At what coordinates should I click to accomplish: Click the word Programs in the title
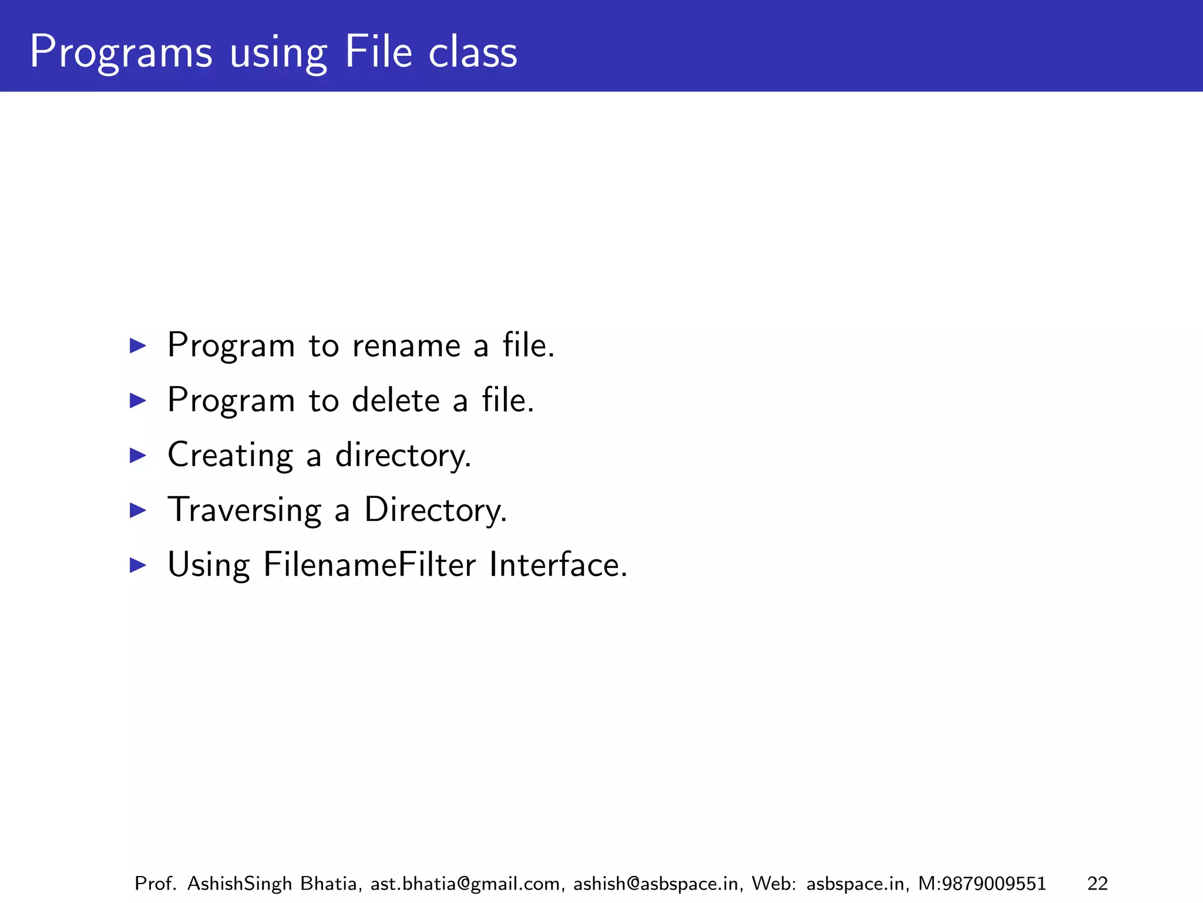click(x=120, y=53)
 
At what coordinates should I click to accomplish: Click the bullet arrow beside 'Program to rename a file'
click(x=137, y=345)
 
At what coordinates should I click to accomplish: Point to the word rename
click(x=406, y=345)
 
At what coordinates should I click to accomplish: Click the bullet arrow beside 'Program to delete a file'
click(x=137, y=400)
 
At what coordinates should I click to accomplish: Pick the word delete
click(x=395, y=400)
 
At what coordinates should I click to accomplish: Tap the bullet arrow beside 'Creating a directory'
click(x=137, y=455)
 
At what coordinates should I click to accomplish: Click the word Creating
click(x=230, y=455)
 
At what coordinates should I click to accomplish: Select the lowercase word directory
click(x=403, y=455)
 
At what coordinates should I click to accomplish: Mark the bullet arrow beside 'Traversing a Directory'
click(x=137, y=510)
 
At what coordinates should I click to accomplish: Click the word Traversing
click(x=244, y=510)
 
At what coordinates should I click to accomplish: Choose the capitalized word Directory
click(x=435, y=510)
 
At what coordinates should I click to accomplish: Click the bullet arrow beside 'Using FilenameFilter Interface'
click(x=137, y=565)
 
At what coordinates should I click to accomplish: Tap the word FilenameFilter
click(x=369, y=565)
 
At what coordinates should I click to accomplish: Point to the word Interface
click(x=558, y=565)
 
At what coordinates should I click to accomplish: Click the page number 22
click(x=1097, y=884)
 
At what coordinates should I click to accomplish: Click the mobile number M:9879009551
click(x=982, y=884)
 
